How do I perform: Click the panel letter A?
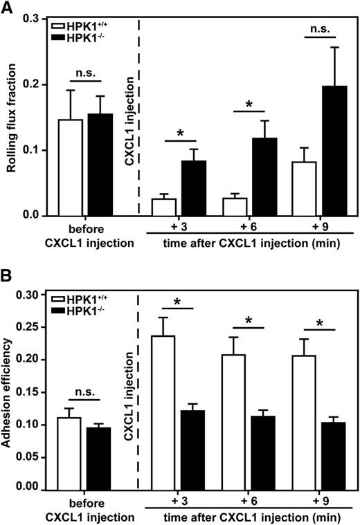coord(8,8)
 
